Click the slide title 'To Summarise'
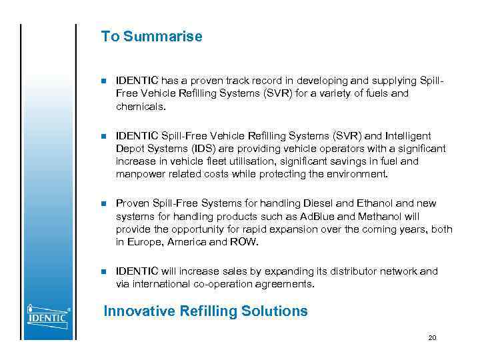point(151,37)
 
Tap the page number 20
point(432,338)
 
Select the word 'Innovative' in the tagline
point(139,311)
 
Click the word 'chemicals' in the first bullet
point(139,106)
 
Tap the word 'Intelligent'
point(407,136)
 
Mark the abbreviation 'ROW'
point(243,242)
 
